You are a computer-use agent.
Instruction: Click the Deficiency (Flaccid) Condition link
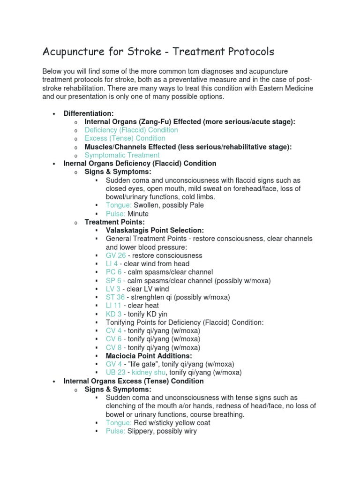pos(131,130)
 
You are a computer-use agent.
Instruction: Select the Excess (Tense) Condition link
pos(125,138)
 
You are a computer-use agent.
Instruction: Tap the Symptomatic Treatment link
pos(122,155)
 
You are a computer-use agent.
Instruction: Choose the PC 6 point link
pos(113,272)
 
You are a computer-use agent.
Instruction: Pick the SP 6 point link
pos(113,281)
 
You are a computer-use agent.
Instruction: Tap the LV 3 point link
pos(113,289)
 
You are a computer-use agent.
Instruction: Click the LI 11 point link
pos(113,306)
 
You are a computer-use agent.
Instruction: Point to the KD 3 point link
pos(113,314)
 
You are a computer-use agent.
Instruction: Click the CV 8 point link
pos(113,348)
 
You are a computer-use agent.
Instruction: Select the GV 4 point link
pos(113,364)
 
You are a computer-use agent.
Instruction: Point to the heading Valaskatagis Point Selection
pos(155,230)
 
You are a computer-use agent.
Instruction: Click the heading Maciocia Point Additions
pos(149,356)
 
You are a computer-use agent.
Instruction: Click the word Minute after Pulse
pos(138,214)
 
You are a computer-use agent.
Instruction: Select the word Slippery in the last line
pos(140,431)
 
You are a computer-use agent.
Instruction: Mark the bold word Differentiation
pos(89,113)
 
